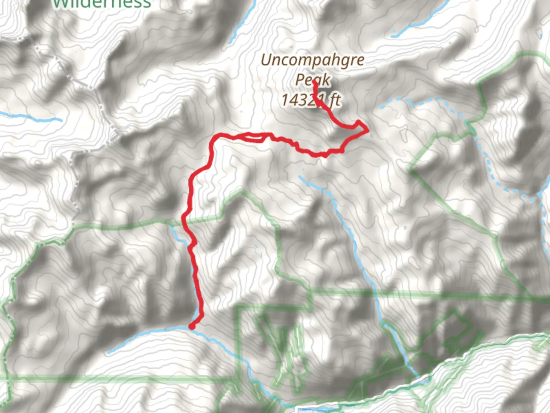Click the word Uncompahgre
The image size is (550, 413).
pyautogui.click(x=312, y=61)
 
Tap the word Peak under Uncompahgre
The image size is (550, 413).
pyautogui.click(x=312, y=80)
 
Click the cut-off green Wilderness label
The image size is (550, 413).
pyautogui.click(x=102, y=4)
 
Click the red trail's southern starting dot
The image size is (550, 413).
pyautogui.click(x=192, y=326)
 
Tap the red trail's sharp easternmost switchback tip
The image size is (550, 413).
pyautogui.click(x=367, y=130)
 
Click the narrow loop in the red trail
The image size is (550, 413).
pyautogui.click(x=252, y=137)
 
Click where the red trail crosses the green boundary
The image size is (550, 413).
pyautogui.click(x=184, y=220)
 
